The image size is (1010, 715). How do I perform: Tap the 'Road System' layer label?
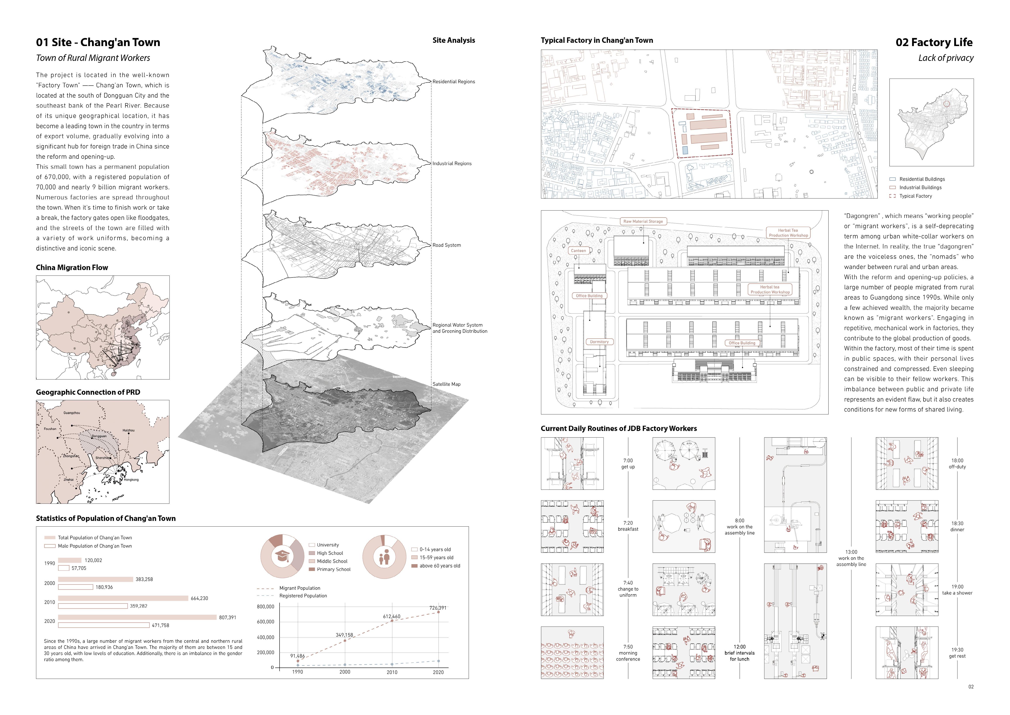[446, 245]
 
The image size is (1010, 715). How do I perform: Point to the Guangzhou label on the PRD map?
[72, 413]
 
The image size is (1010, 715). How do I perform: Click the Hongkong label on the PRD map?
[131, 479]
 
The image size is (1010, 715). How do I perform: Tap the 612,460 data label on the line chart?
[391, 616]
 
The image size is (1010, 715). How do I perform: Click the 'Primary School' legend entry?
[333, 569]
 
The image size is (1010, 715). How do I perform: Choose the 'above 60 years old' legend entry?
[439, 566]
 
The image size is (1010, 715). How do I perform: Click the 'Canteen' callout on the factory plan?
[578, 250]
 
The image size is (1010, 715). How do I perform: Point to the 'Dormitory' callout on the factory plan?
[599, 342]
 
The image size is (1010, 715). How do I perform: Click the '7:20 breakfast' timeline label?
[628, 526]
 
